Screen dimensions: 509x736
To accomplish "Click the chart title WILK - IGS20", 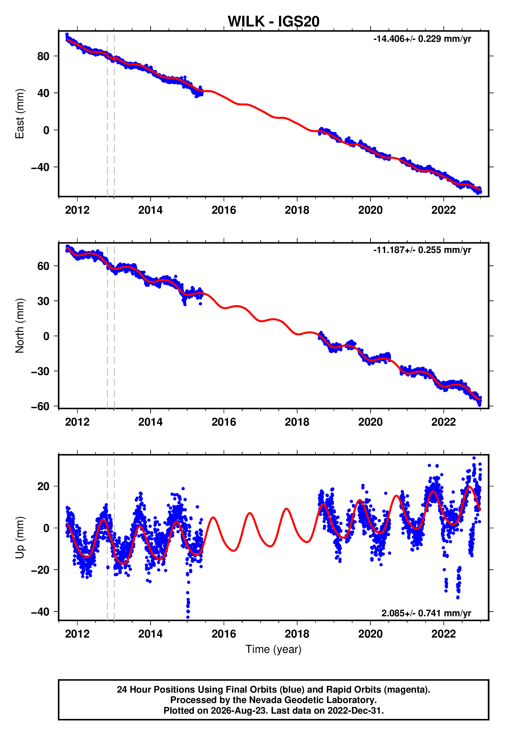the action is pos(273,21).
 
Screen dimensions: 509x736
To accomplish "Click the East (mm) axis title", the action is pos(20,114).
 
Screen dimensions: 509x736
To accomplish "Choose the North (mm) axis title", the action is pos(20,326).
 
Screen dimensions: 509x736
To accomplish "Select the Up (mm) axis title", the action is pos(20,538).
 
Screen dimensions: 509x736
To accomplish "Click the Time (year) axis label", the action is pos(273,650).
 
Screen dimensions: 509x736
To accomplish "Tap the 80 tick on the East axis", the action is pos(43,56).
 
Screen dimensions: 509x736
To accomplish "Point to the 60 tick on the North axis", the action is pos(43,266).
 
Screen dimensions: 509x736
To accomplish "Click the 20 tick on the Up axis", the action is pos(43,486).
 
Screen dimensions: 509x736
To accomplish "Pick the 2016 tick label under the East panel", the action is pos(224,210).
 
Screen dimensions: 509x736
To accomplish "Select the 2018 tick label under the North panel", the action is pos(297,422).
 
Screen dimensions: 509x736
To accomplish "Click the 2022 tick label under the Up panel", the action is pos(444,634).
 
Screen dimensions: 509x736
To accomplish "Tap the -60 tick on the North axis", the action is pos(40,406).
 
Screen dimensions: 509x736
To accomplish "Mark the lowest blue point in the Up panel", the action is pos(188,617).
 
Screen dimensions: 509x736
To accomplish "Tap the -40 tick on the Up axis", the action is pos(40,612).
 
